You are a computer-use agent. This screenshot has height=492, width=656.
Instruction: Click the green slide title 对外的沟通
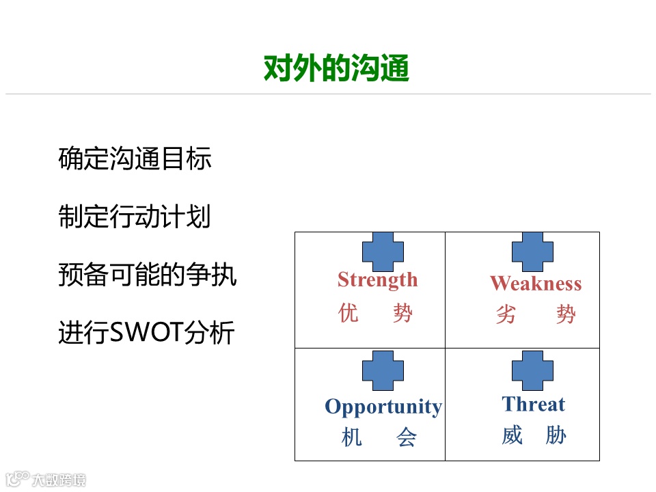(336, 68)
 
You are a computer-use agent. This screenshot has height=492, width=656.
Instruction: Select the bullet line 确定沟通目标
(135, 159)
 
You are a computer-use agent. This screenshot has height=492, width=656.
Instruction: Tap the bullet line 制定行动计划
(134, 217)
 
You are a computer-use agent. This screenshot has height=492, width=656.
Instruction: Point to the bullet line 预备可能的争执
(148, 275)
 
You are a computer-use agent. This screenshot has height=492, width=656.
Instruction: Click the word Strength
(377, 279)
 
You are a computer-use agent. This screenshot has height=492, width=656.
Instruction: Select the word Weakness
(536, 284)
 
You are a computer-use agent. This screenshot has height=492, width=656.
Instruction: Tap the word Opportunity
(383, 407)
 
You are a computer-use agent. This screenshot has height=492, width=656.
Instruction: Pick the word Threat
(533, 405)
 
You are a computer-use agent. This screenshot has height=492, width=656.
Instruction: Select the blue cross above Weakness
(532, 251)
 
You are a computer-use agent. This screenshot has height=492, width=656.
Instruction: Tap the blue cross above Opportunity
(383, 371)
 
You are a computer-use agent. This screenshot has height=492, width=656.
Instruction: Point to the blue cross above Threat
(532, 371)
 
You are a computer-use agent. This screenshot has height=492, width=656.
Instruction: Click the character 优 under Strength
(348, 314)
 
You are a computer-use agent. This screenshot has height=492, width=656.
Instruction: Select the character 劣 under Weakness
(506, 315)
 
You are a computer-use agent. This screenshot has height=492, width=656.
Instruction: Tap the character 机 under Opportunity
(351, 437)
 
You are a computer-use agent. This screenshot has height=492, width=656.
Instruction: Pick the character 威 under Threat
(512, 435)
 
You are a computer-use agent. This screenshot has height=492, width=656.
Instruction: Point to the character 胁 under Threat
(556, 435)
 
